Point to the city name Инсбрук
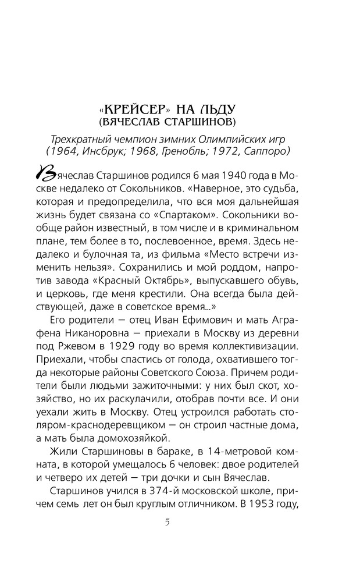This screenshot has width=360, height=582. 116,151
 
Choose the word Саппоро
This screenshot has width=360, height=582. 268,151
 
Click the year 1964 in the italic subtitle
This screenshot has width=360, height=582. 78,151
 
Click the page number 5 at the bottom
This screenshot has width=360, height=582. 167,521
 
